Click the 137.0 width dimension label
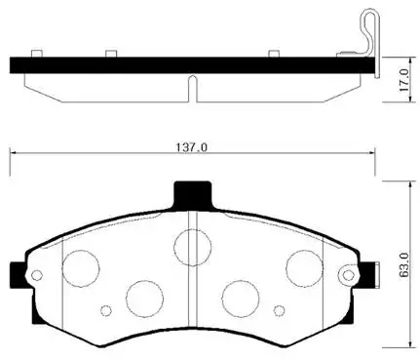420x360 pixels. point(192,147)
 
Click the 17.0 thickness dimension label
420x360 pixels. point(404,80)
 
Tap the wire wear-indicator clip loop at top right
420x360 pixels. point(370,31)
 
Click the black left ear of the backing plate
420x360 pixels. point(18,275)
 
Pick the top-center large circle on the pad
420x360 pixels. point(193,247)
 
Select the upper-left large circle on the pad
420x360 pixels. point(81,268)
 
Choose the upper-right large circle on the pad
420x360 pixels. point(305,268)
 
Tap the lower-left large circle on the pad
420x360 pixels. point(145,299)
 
